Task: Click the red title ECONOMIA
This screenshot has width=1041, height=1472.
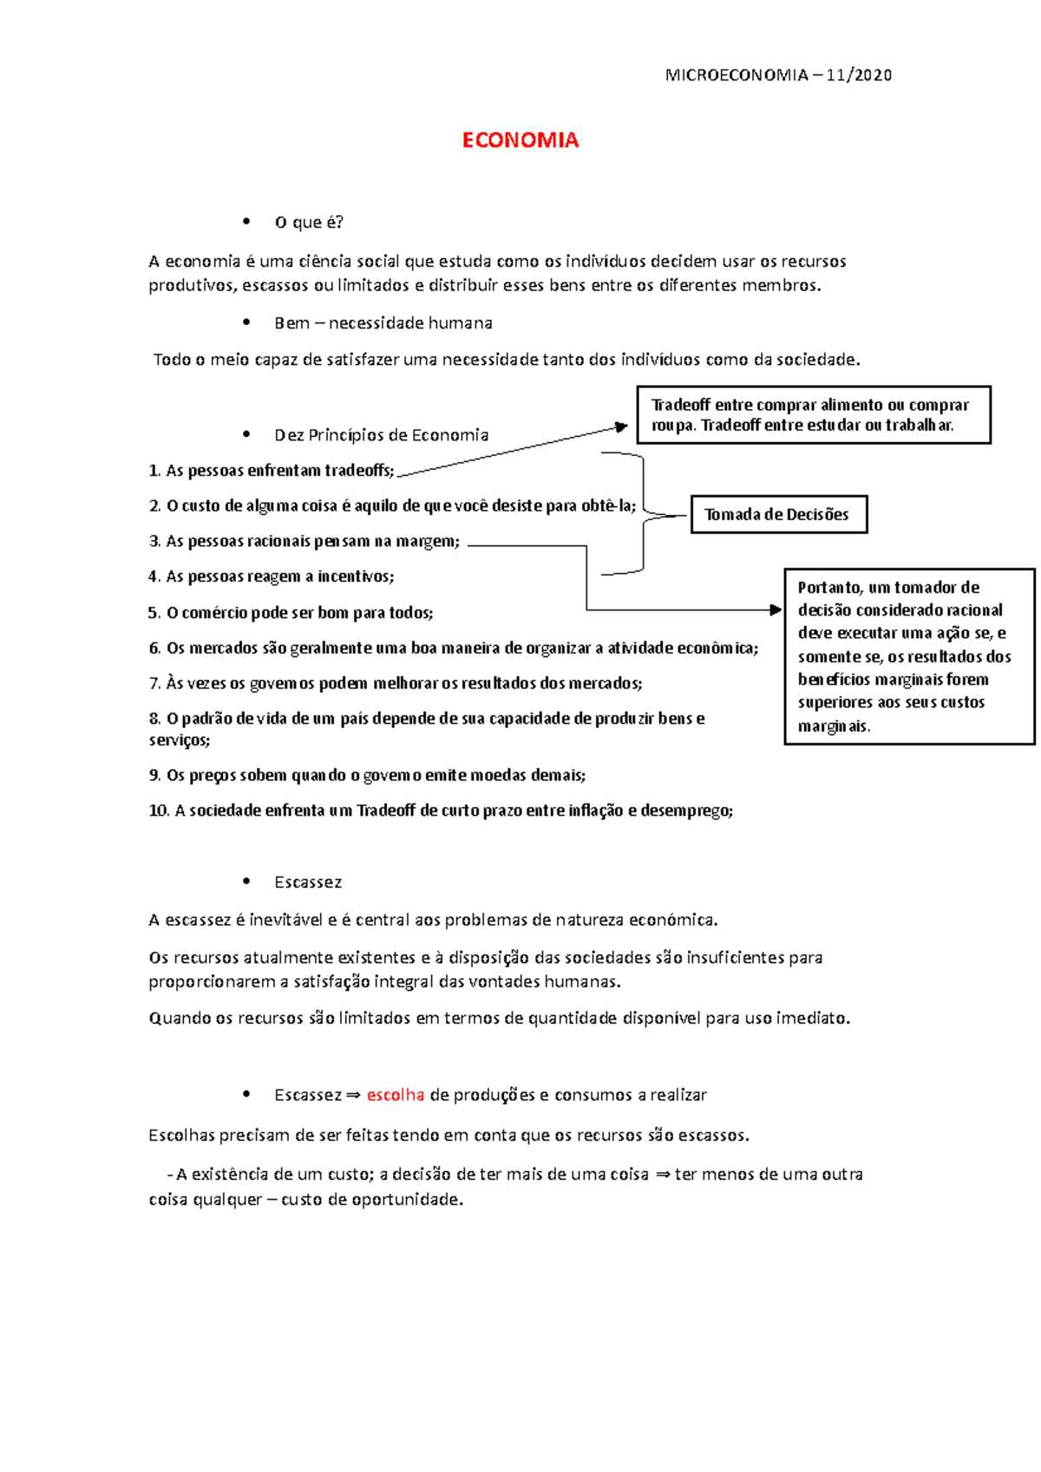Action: [520, 140]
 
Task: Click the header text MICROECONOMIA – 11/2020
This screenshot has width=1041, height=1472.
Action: [777, 75]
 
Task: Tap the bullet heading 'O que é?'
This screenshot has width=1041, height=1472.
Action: [309, 222]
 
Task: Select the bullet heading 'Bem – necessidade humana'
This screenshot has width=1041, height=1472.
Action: [383, 323]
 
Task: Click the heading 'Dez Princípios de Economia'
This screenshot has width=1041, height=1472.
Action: [381, 435]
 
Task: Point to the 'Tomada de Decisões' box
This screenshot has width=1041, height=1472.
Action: [778, 514]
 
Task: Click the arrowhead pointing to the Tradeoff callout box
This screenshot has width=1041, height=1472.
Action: [621, 427]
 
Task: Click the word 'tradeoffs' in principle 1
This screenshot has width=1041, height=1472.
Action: [358, 471]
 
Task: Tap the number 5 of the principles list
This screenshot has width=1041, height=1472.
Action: [153, 613]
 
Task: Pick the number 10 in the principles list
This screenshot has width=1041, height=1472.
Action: [158, 811]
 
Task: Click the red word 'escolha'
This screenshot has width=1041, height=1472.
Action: [396, 1095]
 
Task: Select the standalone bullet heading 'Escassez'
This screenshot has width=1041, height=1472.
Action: [308, 883]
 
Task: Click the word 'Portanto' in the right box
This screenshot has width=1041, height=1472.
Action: [829, 587]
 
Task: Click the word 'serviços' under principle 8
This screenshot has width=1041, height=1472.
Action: [179, 740]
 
